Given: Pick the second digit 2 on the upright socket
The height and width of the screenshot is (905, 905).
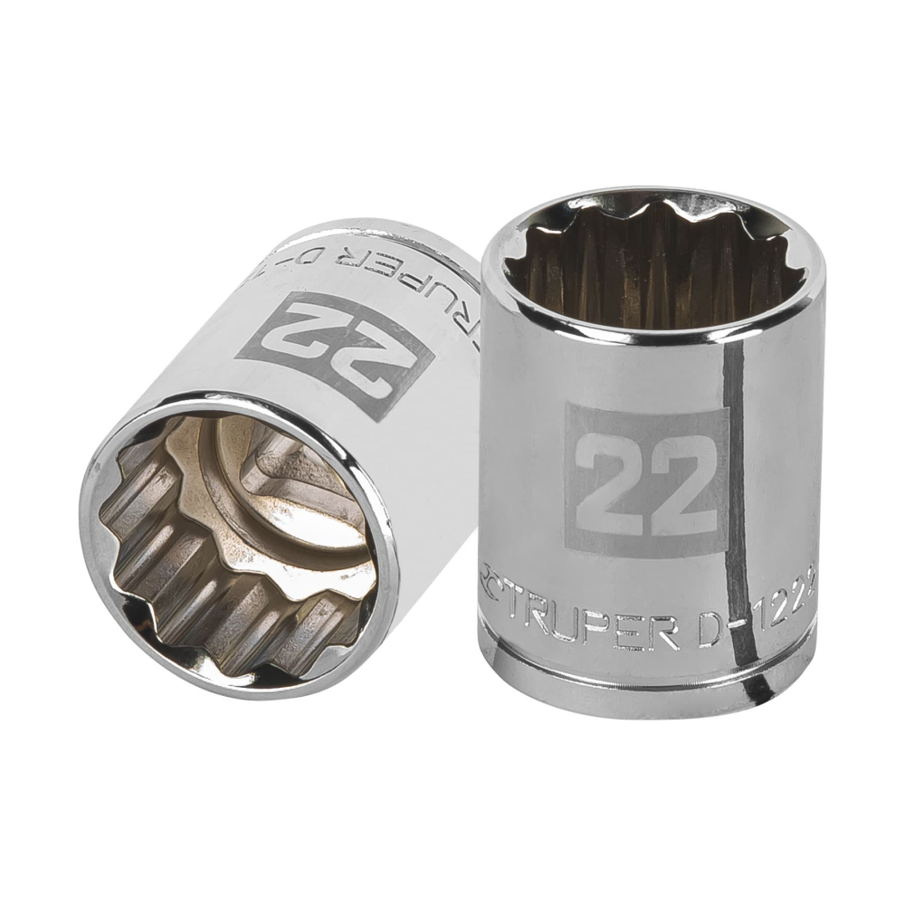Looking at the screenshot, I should (x=681, y=480).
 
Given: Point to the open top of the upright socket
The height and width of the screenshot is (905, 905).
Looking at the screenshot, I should (x=652, y=258).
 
